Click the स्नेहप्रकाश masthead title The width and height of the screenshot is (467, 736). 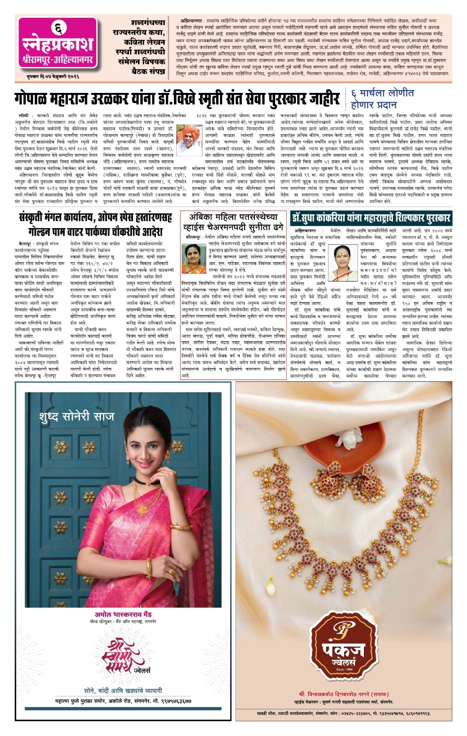57,44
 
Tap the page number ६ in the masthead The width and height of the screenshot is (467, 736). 58,29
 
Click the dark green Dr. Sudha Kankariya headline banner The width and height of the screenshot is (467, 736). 371,218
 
